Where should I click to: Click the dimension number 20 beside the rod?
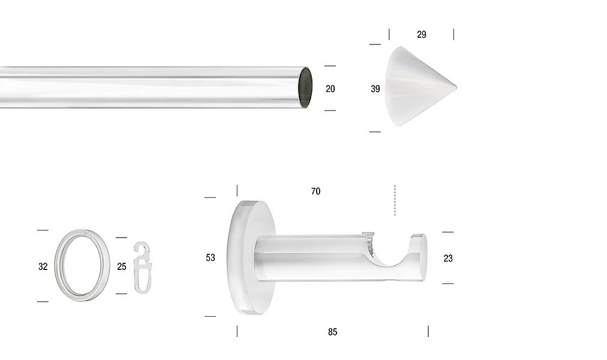[x=330, y=89]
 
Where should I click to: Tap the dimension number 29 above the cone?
[x=422, y=34]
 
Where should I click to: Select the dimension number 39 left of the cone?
[x=375, y=89]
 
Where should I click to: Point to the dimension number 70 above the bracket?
[x=315, y=191]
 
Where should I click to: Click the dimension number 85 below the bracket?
[x=332, y=332]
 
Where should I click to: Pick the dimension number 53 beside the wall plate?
[x=210, y=257]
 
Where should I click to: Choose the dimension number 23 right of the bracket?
[x=448, y=258]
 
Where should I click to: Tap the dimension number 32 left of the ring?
[x=43, y=266]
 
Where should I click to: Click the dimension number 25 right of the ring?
[x=122, y=266]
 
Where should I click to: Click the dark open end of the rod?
[x=305, y=88]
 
